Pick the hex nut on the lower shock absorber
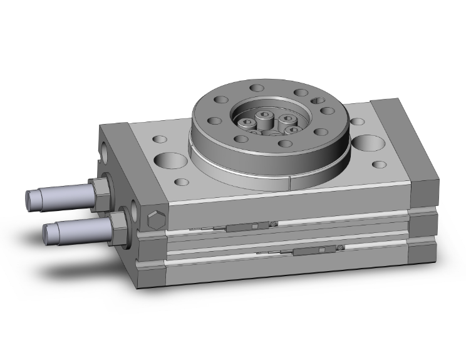point(118,221)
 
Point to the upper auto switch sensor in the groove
point(241,228)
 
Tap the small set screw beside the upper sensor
point(274,224)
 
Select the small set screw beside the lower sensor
point(339,248)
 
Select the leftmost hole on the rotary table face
point(219,100)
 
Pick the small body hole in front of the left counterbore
point(182,183)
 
